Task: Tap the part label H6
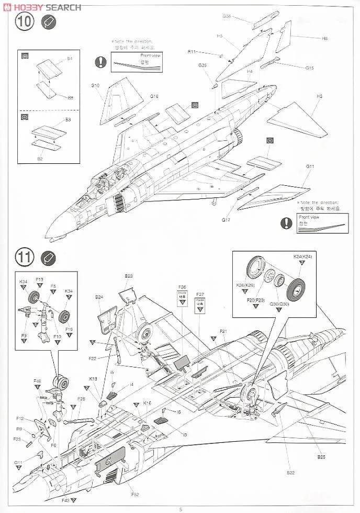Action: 324,39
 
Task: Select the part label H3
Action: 320,96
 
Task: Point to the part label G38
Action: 227,16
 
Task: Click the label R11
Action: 192,52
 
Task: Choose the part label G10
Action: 95,85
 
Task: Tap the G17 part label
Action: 225,220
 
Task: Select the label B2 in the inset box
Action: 39,158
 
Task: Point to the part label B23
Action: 129,276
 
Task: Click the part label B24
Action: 99,297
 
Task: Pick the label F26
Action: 182,287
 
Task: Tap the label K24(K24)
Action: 302,256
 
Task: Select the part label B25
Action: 321,456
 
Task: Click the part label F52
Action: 135,494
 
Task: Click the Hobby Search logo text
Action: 42,7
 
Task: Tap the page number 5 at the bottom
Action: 181,509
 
